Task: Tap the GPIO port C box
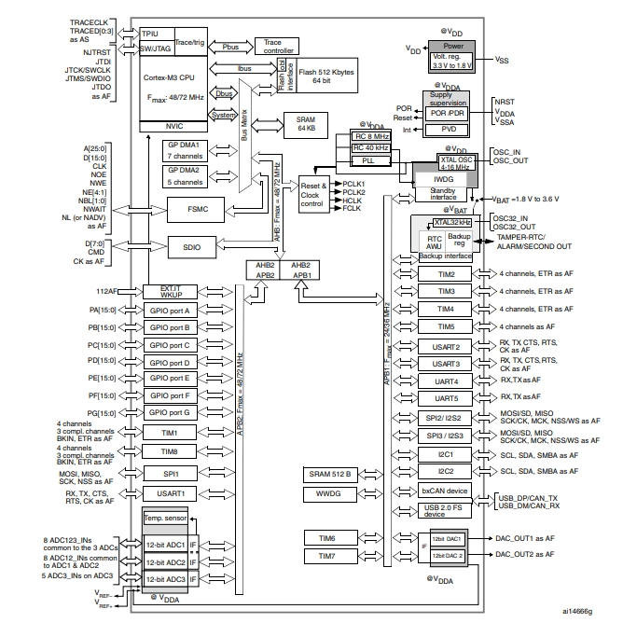click(168, 345)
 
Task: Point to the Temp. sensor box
click(165, 518)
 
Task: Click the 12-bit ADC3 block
click(164, 579)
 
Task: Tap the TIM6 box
click(325, 538)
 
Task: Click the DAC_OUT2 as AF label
click(524, 554)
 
